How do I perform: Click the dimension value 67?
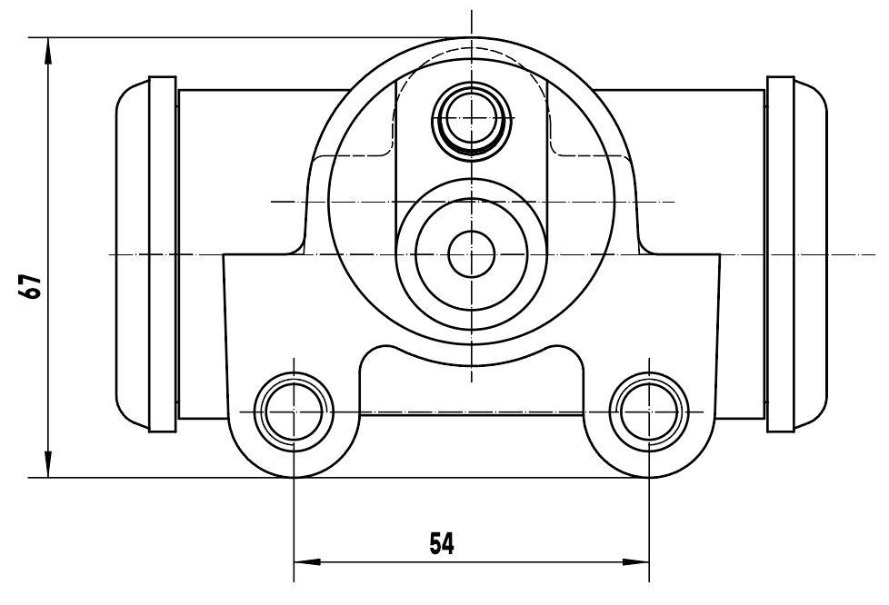(30, 286)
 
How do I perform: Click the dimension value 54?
(442, 544)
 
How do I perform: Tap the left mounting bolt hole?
(294, 412)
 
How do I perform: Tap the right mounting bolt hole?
(649, 412)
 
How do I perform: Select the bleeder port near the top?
(472, 118)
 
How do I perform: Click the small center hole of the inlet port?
(472, 254)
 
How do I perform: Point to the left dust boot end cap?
(132, 254)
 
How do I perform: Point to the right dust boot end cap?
(810, 254)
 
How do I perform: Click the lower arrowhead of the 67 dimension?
(48, 464)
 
